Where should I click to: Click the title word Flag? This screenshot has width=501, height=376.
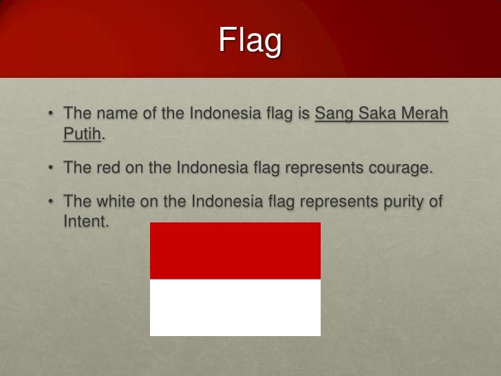coord(250,41)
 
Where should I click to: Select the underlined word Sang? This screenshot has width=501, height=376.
coord(333,113)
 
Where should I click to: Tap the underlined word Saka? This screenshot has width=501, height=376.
coord(376,113)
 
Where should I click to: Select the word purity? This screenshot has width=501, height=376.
coord(401,202)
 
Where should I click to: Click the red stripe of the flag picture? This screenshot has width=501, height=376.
coord(235,251)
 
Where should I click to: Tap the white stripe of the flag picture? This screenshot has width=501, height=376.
coord(235,307)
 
